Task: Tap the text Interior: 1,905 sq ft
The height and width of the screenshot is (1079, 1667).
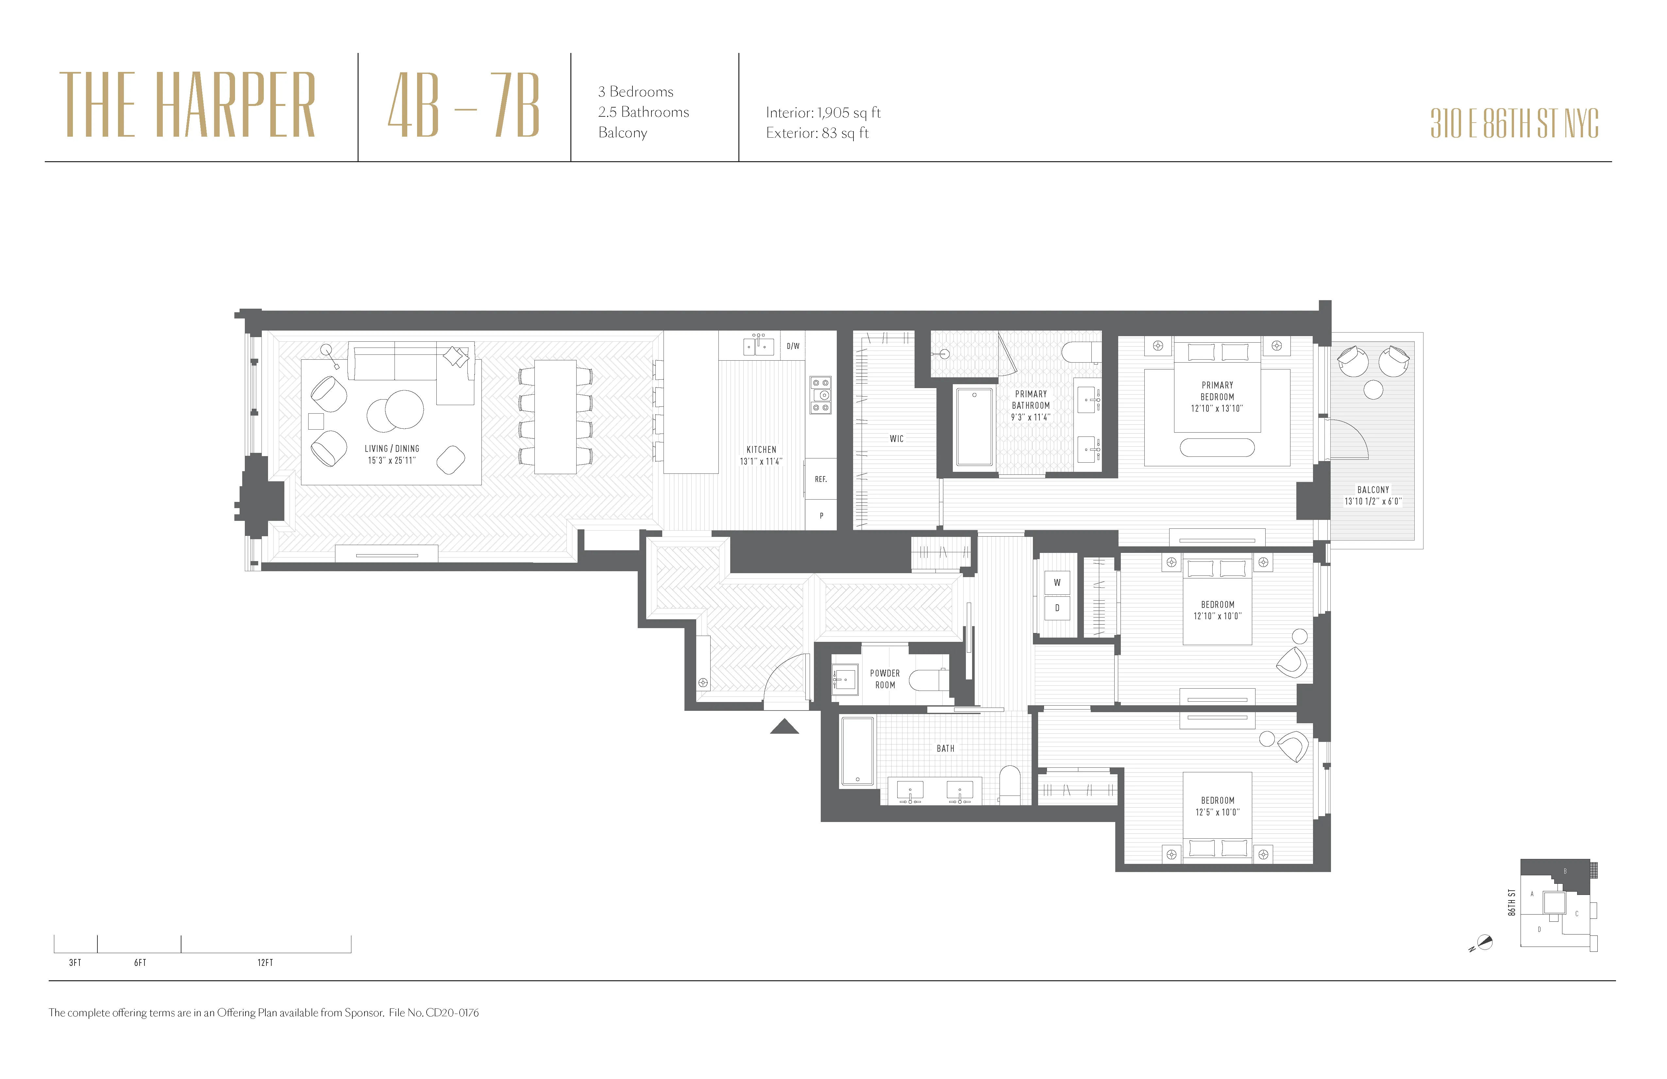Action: point(823,113)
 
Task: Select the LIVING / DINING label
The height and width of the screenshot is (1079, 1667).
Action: point(392,448)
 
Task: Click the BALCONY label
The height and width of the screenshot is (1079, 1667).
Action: point(1373,490)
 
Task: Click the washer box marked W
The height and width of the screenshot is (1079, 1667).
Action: point(1057,582)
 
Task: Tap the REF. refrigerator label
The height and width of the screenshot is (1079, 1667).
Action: point(821,479)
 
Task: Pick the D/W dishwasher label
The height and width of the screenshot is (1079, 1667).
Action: point(793,346)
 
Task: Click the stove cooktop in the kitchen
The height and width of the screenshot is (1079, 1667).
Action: point(821,394)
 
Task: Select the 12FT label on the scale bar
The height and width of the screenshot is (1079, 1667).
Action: point(265,963)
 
